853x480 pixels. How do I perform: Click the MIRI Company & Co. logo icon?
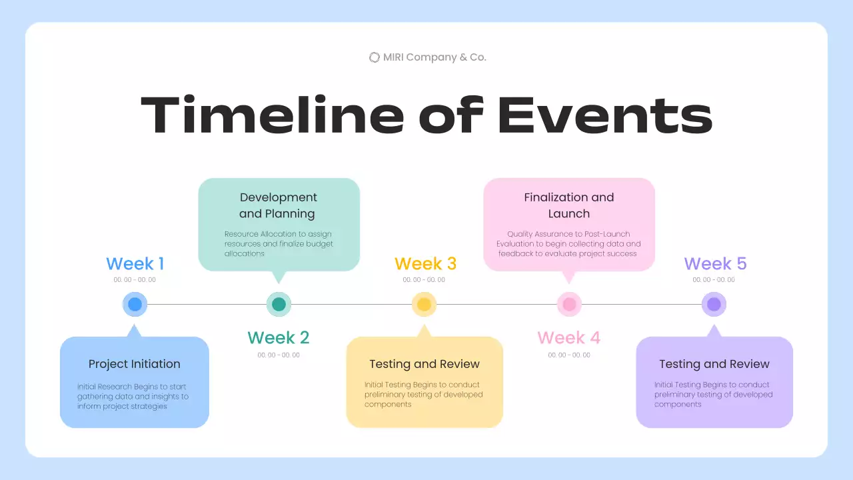click(x=375, y=57)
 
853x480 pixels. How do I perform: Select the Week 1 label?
click(x=135, y=263)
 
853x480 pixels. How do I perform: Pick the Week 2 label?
click(x=279, y=338)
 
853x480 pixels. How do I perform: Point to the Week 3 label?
click(x=425, y=263)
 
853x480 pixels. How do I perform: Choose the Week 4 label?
click(x=568, y=338)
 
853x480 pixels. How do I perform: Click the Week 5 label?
click(x=715, y=263)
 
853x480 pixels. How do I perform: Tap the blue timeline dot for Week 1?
click(x=135, y=305)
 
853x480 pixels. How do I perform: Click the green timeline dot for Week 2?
click(x=279, y=305)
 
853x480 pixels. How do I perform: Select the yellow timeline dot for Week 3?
click(x=424, y=305)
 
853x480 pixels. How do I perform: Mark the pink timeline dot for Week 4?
click(x=569, y=305)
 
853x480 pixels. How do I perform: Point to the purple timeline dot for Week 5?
click(x=714, y=305)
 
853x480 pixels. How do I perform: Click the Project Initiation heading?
click(x=135, y=364)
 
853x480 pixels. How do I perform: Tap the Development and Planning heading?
click(x=278, y=205)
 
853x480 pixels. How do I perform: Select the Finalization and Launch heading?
click(x=569, y=205)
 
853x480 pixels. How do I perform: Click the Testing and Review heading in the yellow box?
click(x=425, y=364)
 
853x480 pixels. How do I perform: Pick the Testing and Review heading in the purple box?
click(x=714, y=364)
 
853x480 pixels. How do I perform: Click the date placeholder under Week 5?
click(x=714, y=280)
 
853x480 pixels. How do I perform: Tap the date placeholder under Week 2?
click(x=279, y=355)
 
